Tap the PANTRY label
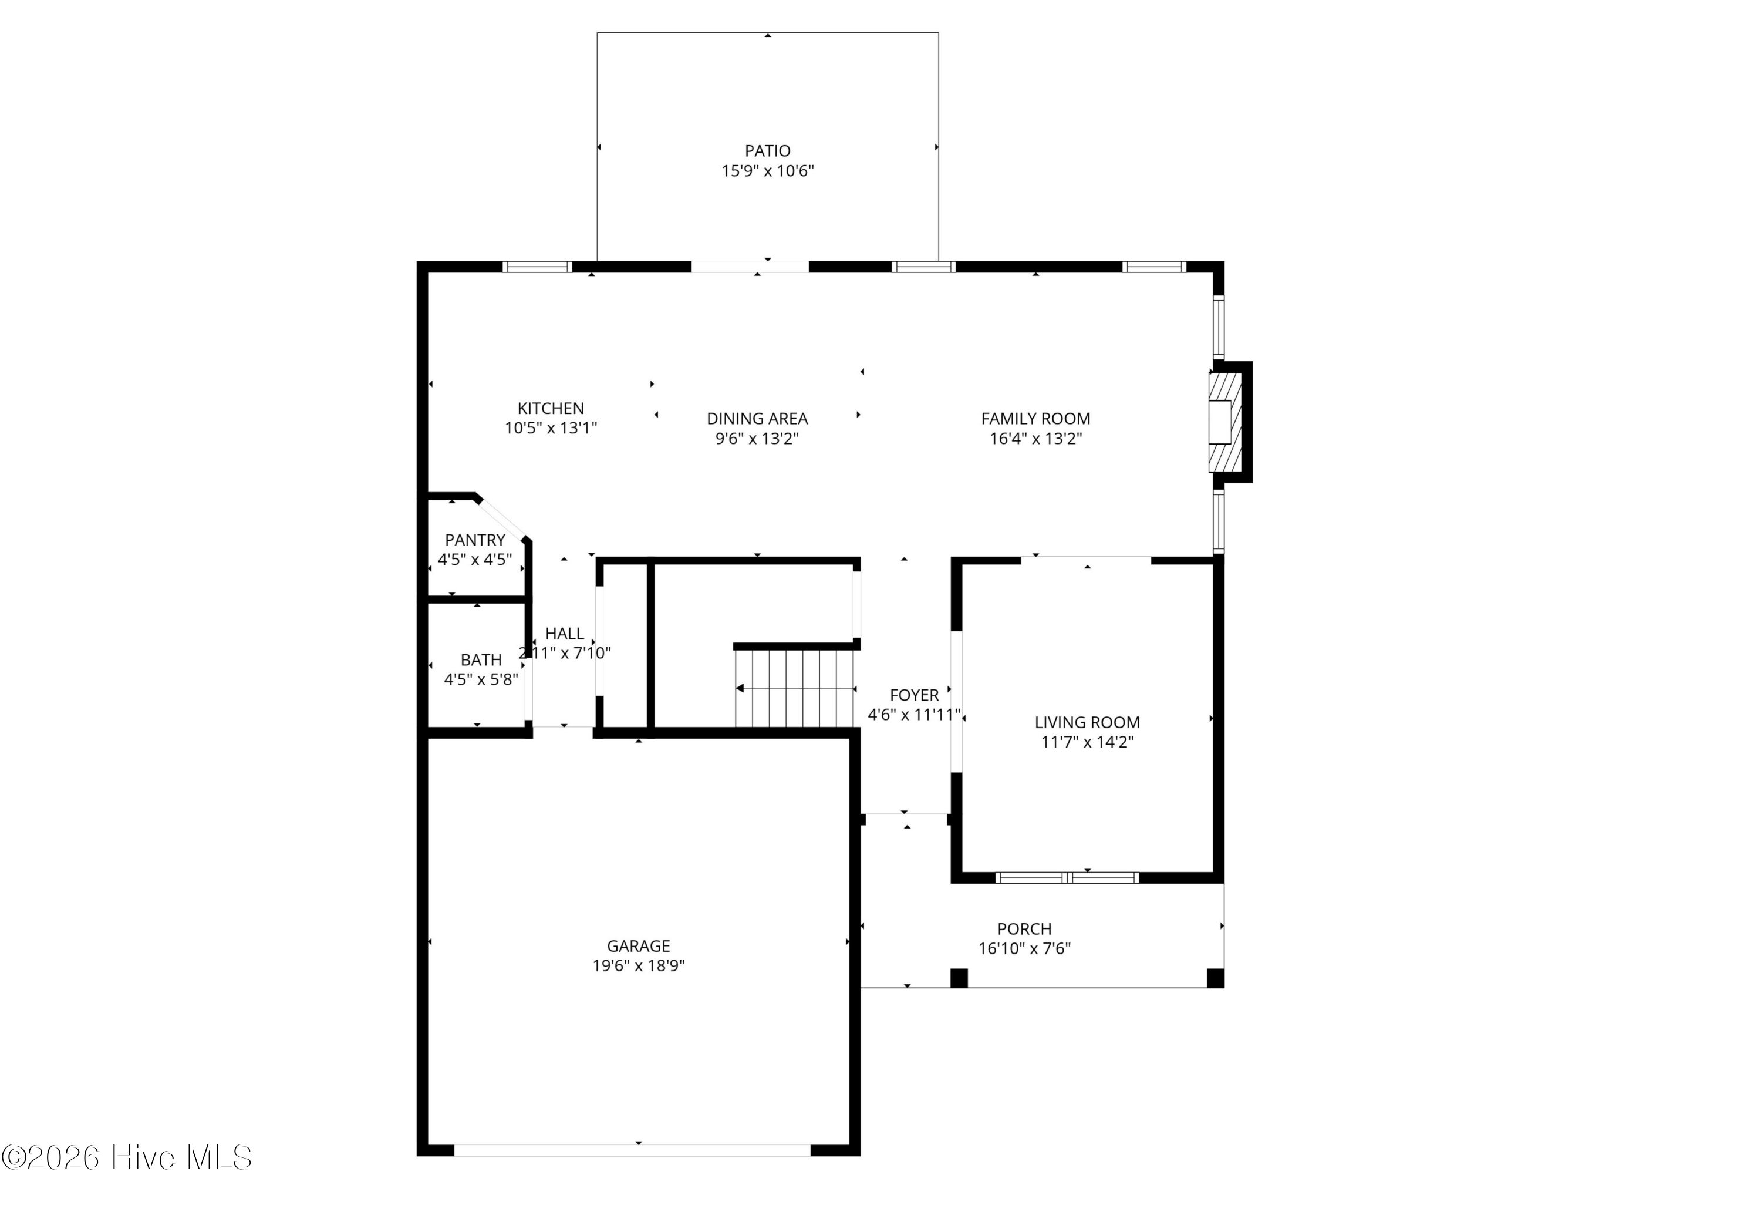(474, 540)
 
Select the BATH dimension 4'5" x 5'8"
(481, 679)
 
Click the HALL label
(564, 634)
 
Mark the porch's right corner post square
(1215, 978)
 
